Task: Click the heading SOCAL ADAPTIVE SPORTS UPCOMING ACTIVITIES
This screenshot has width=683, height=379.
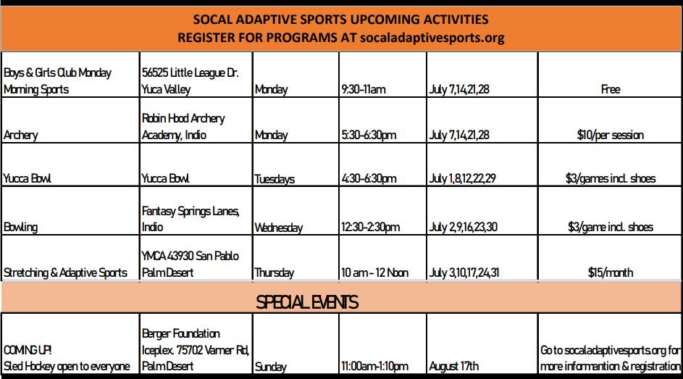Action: pos(340,20)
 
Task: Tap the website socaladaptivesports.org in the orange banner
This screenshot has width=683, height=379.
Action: pos(432,38)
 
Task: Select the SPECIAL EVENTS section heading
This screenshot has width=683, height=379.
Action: pos(307,302)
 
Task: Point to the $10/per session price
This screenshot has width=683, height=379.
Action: pos(611,135)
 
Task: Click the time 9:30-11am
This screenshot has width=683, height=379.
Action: pos(364,89)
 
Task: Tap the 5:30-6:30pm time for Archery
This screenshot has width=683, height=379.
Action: pos(369,135)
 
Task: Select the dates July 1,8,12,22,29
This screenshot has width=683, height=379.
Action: pos(462,178)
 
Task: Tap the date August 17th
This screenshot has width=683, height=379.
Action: pos(453,367)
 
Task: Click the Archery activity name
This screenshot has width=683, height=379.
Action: pos(20,135)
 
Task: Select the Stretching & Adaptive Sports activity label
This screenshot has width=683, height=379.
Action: pos(65,272)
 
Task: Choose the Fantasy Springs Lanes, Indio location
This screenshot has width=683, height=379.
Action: pos(190,219)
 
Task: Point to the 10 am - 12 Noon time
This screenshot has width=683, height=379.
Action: pos(374,272)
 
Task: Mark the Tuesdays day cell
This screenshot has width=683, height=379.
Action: pos(275,179)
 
